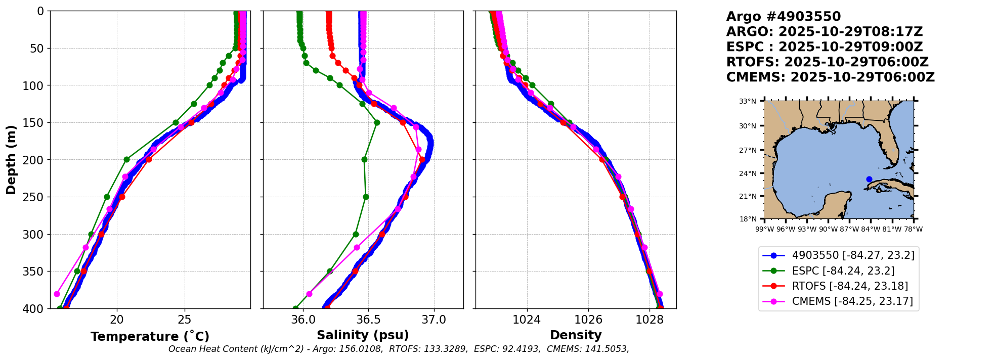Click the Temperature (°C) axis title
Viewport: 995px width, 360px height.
pyautogui.click(x=150, y=337)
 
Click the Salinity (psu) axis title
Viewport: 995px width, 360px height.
pyautogui.click(x=363, y=335)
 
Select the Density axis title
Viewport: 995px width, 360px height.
pyautogui.click(x=576, y=335)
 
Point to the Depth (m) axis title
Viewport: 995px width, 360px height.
pyautogui.click(x=11, y=159)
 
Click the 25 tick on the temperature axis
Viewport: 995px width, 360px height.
pyautogui.click(x=185, y=320)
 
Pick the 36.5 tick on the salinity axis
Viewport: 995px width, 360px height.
pyautogui.click(x=368, y=320)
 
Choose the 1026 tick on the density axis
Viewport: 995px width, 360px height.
pyautogui.click(x=588, y=320)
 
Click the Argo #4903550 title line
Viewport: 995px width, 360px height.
pyautogui.click(x=783, y=17)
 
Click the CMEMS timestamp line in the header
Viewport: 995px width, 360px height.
pyautogui.click(x=830, y=77)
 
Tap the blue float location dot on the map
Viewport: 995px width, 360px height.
pyautogui.click(x=869, y=179)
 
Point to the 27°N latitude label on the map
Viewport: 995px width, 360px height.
pyautogui.click(x=748, y=150)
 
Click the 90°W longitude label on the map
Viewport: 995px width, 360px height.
pyautogui.click(x=828, y=229)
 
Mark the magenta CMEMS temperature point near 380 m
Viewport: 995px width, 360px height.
pyautogui.click(x=57, y=294)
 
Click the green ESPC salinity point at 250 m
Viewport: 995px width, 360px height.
pyautogui.click(x=366, y=197)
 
